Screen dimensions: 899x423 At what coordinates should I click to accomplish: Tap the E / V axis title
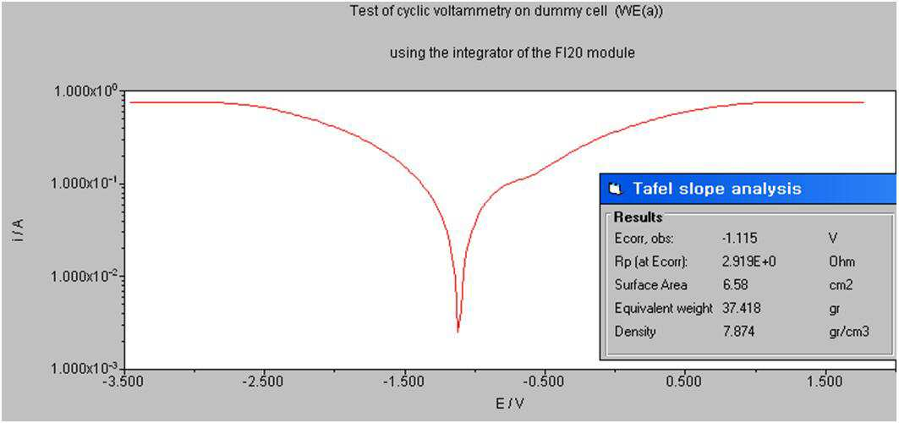[510, 404]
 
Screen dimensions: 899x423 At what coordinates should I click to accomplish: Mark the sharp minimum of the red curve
[458, 332]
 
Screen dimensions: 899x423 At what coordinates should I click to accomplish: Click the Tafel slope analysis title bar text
[716, 189]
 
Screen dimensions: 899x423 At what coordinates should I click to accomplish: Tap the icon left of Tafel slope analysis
[616, 189]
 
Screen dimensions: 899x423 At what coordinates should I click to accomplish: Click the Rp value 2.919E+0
[749, 262]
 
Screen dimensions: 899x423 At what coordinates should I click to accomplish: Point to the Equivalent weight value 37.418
[742, 308]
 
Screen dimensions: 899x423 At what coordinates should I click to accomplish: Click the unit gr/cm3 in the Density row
[839, 332]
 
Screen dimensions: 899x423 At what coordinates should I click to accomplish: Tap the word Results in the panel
[639, 217]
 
